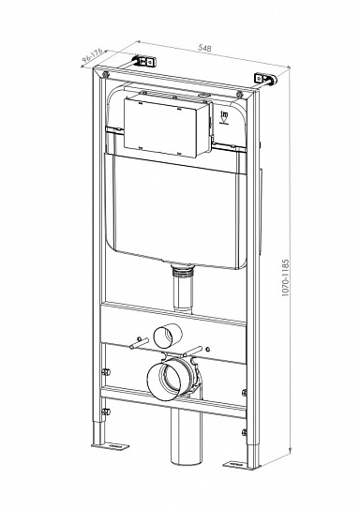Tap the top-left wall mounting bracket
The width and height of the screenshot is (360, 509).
[x=142, y=59]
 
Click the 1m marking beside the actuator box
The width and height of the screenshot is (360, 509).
[x=226, y=117]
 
